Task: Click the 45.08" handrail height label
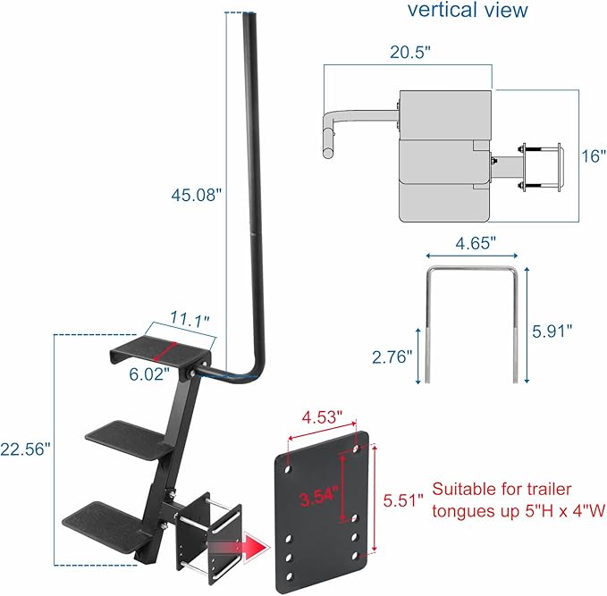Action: [194, 194]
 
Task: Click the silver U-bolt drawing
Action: [473, 322]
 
